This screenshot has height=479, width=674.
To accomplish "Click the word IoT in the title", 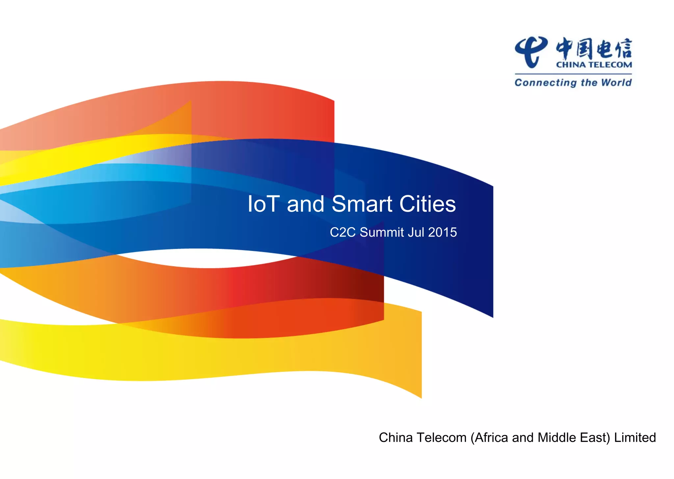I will [263, 204].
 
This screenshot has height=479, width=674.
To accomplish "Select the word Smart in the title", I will [362, 204].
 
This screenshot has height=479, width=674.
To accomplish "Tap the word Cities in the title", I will [428, 204].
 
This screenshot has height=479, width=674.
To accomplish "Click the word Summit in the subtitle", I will [382, 232].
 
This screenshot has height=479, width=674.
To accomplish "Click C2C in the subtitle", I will [343, 232].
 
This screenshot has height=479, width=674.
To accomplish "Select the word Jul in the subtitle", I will [416, 232].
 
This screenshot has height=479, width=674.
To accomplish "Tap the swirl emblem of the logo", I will [531, 52].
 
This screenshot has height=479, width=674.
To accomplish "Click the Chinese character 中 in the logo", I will [565, 49].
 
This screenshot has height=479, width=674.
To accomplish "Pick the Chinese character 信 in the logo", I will [623, 49].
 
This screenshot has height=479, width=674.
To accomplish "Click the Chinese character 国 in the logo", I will [584, 49].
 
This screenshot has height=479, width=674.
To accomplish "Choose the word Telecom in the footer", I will [442, 438].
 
